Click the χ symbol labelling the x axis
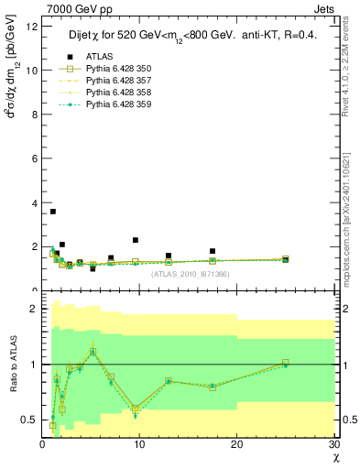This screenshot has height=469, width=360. click(x=334, y=457)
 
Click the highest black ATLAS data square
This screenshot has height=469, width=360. click(x=53, y=212)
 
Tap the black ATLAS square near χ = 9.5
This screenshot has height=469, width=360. click(x=135, y=240)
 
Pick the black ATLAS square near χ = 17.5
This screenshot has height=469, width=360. click(x=213, y=251)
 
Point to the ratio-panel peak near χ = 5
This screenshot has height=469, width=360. click(x=93, y=351)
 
